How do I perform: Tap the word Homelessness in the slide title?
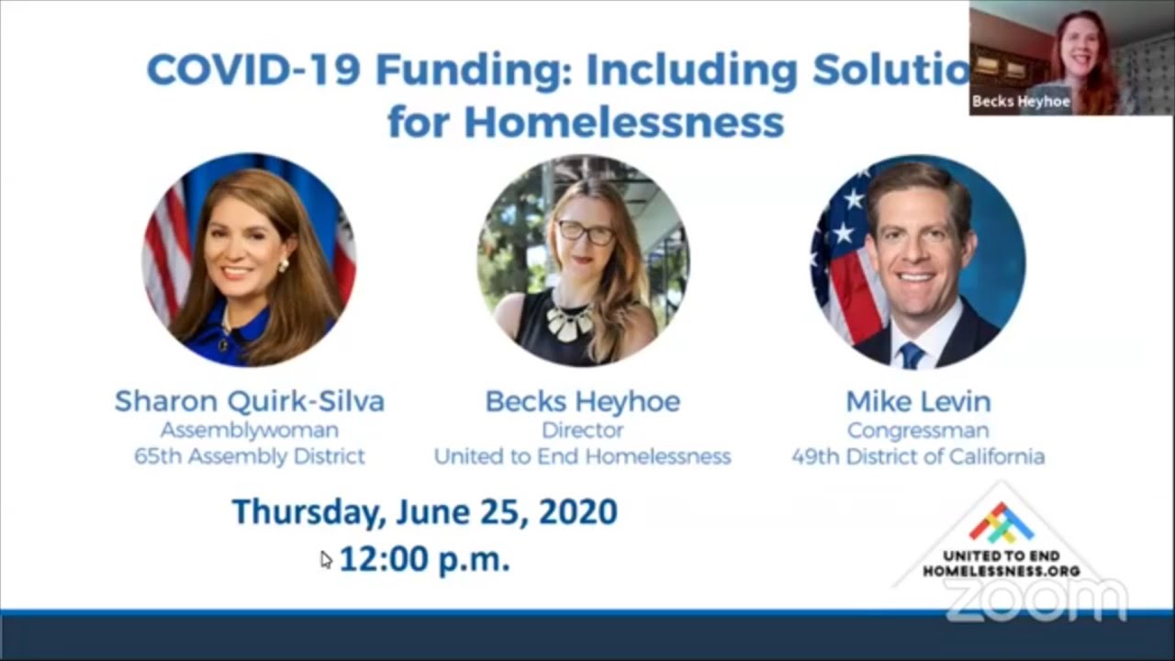click(624, 122)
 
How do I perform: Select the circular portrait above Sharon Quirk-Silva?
click(250, 260)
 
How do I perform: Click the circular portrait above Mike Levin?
click(918, 262)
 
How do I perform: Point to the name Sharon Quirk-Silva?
click(250, 402)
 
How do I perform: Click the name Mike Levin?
click(919, 402)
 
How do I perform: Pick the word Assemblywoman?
click(250, 431)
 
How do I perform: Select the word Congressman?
click(918, 431)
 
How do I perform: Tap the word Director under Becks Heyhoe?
click(583, 431)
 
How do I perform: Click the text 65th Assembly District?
click(250, 456)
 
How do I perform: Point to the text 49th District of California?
click(918, 456)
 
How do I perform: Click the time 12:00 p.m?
click(425, 559)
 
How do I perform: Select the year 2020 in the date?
click(578, 511)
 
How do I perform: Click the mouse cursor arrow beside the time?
click(326, 560)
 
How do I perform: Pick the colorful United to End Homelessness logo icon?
click(1002, 524)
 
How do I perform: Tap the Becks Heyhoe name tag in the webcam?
click(1021, 101)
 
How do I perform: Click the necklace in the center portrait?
click(570, 322)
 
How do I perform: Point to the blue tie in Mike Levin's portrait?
click(912, 355)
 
